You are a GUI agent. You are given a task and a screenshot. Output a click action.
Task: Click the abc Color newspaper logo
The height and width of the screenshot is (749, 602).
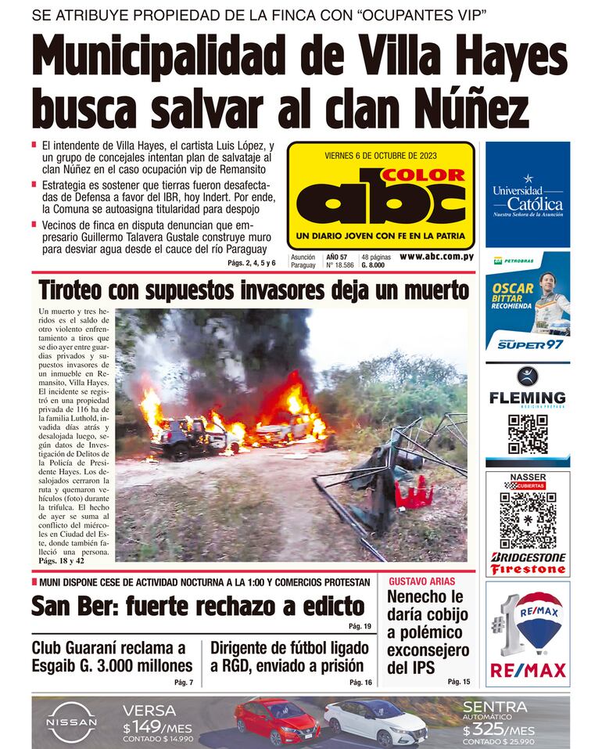tap(381, 198)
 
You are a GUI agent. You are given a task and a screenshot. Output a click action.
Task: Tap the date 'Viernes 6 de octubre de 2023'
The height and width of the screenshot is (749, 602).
tap(381, 155)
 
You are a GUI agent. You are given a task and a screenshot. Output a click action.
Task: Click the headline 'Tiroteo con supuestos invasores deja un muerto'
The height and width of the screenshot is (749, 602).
tap(254, 290)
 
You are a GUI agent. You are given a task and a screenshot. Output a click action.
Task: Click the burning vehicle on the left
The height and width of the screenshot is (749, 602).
tap(184, 432)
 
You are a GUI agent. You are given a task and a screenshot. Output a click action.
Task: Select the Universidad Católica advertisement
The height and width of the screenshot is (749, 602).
tap(528, 195)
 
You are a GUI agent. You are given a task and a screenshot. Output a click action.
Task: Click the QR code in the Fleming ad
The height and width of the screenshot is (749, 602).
tap(528, 434)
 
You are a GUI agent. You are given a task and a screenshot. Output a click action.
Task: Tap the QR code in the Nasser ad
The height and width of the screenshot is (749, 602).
tap(528, 519)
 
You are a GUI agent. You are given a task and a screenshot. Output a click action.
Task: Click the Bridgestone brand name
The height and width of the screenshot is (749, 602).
tap(528, 556)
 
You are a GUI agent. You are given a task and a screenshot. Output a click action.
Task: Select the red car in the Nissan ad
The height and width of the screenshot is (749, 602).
tap(278, 719)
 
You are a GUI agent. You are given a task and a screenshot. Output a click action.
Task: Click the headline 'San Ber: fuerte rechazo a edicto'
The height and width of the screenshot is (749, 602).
tap(198, 607)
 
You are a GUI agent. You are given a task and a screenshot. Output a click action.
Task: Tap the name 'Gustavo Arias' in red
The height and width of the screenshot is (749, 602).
tap(416, 582)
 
